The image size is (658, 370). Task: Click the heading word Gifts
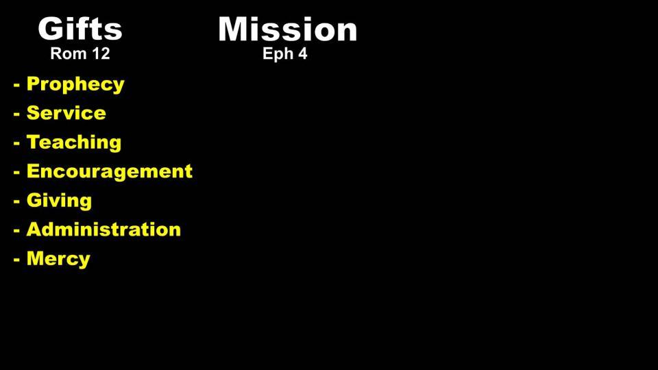tap(80, 29)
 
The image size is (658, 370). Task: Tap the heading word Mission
tap(287, 29)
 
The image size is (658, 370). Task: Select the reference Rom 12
tap(80, 53)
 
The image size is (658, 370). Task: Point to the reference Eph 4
tap(285, 53)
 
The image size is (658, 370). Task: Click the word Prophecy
tap(75, 84)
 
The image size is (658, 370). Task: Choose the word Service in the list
tap(66, 113)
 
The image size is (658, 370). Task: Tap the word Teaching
tap(74, 143)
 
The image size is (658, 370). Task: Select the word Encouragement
tap(110, 171)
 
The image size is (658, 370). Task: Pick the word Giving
tap(59, 201)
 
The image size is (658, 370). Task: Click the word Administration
tap(103, 230)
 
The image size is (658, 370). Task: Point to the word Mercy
tap(58, 259)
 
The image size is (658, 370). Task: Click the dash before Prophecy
tap(16, 85)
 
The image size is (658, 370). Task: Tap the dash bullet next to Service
tap(16, 114)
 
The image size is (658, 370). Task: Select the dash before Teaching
tap(16, 143)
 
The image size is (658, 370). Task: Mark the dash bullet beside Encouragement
tap(16, 173)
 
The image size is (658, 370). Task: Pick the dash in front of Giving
tap(16, 201)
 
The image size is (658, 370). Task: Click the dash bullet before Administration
tap(16, 231)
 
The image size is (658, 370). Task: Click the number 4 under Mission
tap(302, 53)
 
